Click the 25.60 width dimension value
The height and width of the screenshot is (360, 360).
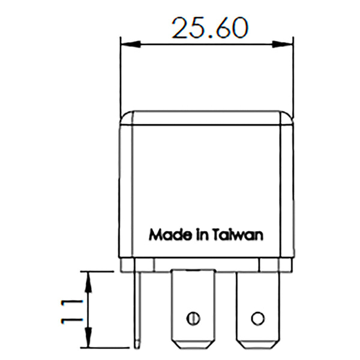(210, 28)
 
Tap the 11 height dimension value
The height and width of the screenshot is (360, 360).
(71, 309)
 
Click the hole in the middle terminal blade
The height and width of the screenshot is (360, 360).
(193, 318)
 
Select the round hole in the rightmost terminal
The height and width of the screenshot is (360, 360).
(257, 318)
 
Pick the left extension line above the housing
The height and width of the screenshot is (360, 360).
(121, 78)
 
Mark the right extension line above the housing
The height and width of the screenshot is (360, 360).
(293, 78)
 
